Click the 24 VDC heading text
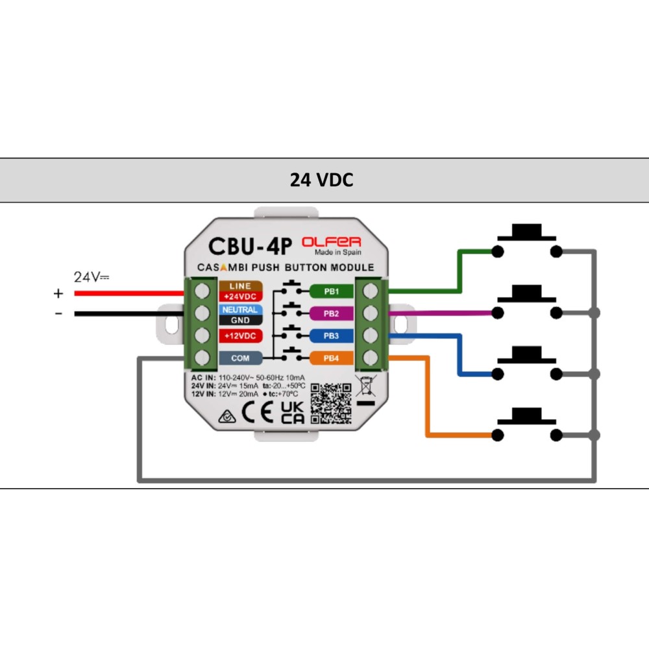[321, 180]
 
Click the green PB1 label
[332, 291]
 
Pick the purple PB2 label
[332, 313]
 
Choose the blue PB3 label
[332, 336]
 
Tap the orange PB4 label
[332, 358]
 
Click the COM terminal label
[241, 358]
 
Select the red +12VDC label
[241, 336]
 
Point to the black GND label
[241, 320]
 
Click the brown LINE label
[241, 286]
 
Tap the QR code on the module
[331, 403]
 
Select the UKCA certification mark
[292, 412]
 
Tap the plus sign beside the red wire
[58, 294]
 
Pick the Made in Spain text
[338, 252]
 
